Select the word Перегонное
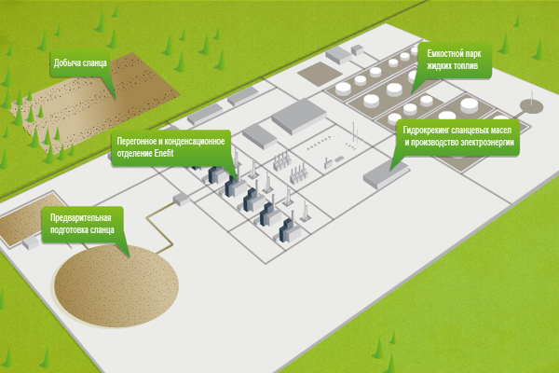click(138, 140)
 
